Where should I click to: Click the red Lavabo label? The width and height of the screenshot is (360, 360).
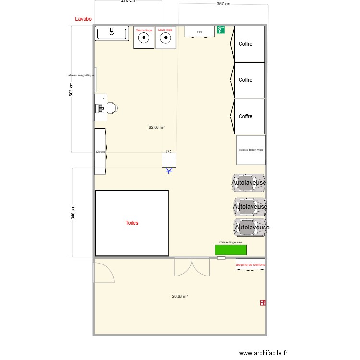(x=84, y=19)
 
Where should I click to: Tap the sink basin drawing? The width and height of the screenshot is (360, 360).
(x=112, y=34)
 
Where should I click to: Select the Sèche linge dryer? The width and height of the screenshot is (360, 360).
(x=144, y=38)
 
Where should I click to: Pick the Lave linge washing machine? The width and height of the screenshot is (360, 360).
(x=165, y=38)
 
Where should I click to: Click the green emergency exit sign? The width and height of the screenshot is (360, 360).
(x=221, y=30)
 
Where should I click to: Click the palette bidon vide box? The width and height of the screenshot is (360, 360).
(x=251, y=150)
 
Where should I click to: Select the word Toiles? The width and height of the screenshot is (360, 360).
(x=132, y=223)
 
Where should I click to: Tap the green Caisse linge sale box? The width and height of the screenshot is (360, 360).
(x=230, y=250)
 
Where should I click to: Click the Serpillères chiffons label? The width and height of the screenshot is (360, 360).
(x=251, y=265)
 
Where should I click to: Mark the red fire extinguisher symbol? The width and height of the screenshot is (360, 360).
(x=263, y=303)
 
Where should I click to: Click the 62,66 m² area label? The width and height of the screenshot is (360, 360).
(x=156, y=127)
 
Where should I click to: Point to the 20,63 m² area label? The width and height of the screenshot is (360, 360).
(x=180, y=296)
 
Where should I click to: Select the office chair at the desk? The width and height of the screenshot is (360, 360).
(x=111, y=108)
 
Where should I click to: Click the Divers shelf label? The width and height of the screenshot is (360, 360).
(x=100, y=151)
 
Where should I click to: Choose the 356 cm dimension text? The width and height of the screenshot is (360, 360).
(x=73, y=212)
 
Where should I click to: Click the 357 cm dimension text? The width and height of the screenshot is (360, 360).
(x=224, y=4)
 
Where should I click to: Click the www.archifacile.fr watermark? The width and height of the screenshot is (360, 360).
(x=263, y=353)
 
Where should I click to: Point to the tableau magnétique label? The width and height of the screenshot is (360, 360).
(x=81, y=75)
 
